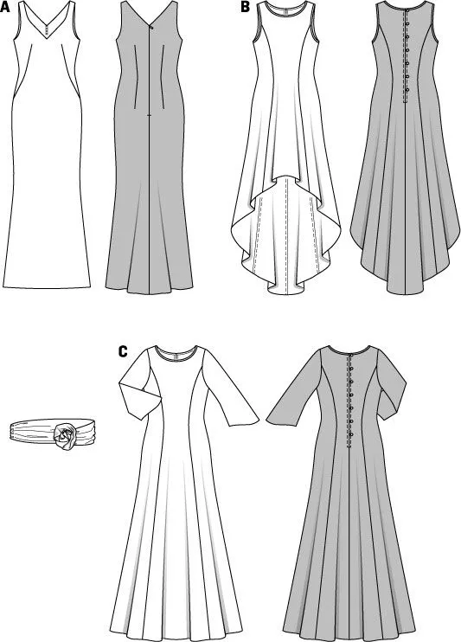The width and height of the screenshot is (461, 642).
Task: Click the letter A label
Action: [5, 7]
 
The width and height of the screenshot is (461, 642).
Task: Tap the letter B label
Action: [245, 7]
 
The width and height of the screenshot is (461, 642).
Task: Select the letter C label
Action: [123, 351]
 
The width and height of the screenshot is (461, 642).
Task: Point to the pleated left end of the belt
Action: [14, 431]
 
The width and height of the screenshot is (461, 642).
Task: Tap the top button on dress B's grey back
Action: [407, 24]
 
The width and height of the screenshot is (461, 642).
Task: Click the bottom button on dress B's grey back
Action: [407, 90]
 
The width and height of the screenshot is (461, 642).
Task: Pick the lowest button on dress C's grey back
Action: [351, 435]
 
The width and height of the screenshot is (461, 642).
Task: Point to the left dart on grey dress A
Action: [135, 77]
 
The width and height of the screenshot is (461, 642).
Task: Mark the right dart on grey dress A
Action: [163, 77]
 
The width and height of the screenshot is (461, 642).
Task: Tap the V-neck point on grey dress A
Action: [151, 26]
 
